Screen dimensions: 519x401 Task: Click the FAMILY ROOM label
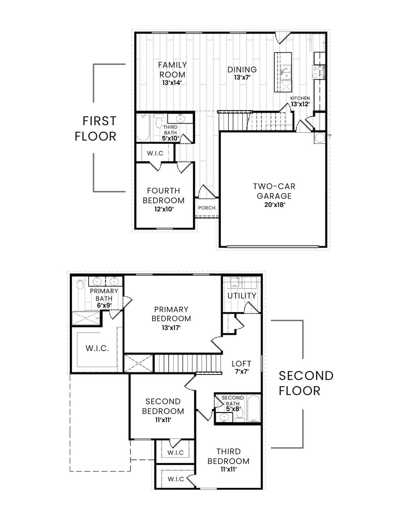pyautogui.click(x=172, y=70)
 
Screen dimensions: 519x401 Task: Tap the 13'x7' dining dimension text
pyautogui.click(x=242, y=77)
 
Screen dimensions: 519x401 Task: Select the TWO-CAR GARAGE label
pyautogui.click(x=274, y=191)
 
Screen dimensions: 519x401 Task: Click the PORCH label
pyautogui.click(x=207, y=208)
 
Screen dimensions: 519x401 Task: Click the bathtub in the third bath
pyautogui.click(x=144, y=127)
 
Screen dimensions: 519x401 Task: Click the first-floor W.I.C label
pyautogui.click(x=155, y=153)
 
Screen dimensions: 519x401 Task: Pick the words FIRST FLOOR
pyautogui.click(x=95, y=129)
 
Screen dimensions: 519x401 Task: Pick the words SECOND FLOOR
pyautogui.click(x=306, y=383)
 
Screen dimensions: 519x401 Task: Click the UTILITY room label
pyautogui.click(x=242, y=296)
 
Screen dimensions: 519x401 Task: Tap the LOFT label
pyautogui.click(x=241, y=364)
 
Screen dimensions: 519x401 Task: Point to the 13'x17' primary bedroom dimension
pyautogui.click(x=171, y=328)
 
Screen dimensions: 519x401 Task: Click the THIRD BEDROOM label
pyautogui.click(x=228, y=456)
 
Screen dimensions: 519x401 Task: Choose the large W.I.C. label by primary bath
pyautogui.click(x=97, y=349)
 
